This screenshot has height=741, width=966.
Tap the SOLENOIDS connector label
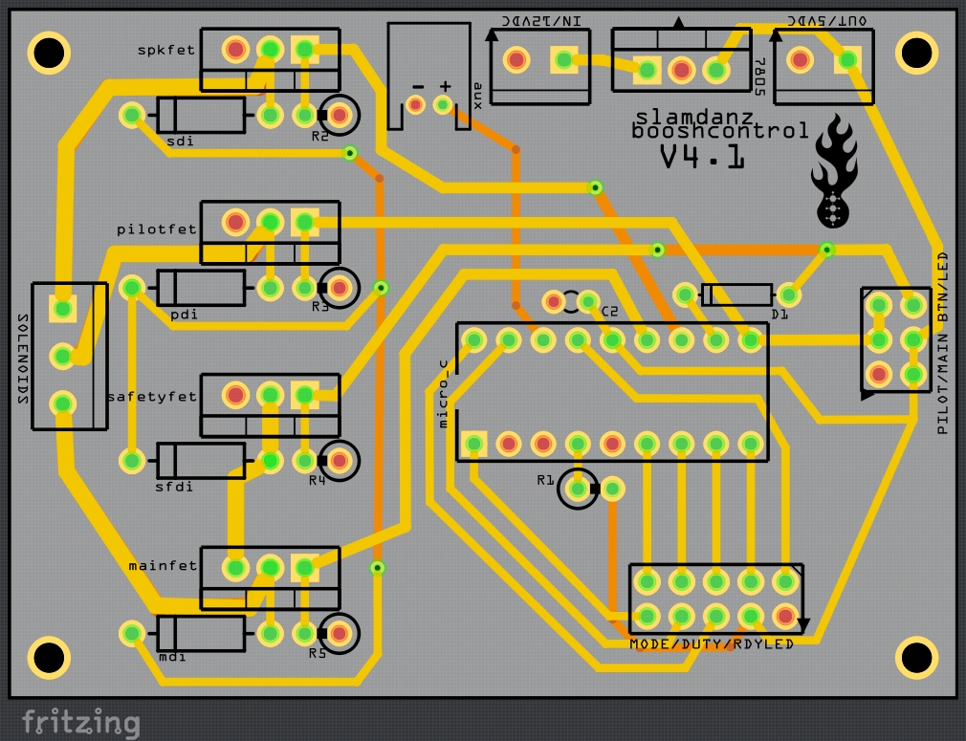pos(21,356)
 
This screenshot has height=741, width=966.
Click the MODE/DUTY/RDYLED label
pos(712,644)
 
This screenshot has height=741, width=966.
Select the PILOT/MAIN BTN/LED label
pos(942,343)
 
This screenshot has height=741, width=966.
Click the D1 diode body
pos(736,294)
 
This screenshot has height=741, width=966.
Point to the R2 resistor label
pos(319,138)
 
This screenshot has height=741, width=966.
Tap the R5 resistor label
pos(318,654)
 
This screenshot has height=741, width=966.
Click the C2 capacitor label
pos(610,312)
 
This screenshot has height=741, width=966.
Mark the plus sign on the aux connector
pos(444,85)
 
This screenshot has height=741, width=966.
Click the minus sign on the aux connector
pos(417,86)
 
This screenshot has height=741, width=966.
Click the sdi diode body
pos(201,117)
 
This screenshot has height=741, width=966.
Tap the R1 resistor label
pos(545,480)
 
